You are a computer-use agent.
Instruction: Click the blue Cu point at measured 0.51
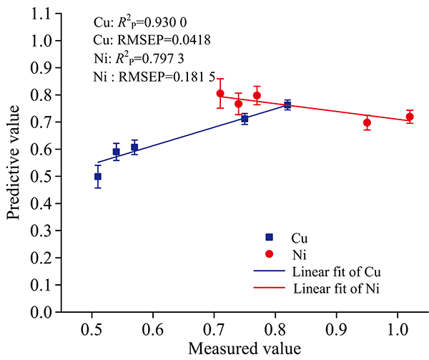tap(98, 176)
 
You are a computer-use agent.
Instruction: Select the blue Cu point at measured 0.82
tap(287, 104)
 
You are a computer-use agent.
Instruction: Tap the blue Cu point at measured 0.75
tap(245, 119)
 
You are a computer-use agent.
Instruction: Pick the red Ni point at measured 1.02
tap(410, 117)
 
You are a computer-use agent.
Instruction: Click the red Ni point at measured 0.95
tap(367, 122)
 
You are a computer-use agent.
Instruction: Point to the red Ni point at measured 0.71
tap(220, 93)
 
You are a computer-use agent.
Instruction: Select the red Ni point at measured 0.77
tap(257, 95)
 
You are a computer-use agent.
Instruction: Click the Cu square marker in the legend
tap(269, 237)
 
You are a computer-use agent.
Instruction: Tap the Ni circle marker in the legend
tap(269, 254)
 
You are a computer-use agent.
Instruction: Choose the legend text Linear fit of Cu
tap(335, 272)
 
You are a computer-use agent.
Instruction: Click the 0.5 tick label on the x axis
tap(92, 331)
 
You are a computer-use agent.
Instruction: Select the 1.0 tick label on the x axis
tap(397, 331)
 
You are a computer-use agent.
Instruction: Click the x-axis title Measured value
tap(244, 349)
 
